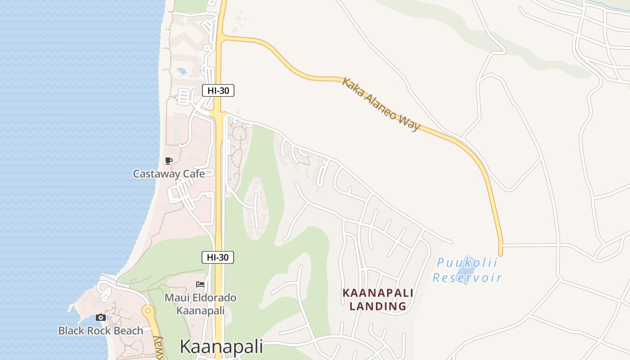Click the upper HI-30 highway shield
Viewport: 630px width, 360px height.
(x=218, y=90)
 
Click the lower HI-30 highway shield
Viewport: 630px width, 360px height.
(x=218, y=257)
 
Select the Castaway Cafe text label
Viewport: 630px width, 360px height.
(x=169, y=174)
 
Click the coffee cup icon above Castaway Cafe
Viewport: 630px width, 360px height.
(x=169, y=161)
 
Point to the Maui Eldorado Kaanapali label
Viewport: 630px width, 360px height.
(x=200, y=304)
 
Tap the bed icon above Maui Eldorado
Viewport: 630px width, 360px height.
(x=200, y=284)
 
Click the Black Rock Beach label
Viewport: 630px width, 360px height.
(x=101, y=331)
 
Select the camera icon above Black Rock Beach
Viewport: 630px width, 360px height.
(x=101, y=318)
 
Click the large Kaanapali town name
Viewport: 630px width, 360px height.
(x=221, y=347)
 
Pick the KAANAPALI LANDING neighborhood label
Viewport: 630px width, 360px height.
(x=378, y=299)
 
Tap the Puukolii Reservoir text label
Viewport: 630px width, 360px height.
(x=467, y=270)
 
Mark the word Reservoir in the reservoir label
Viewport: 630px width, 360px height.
(x=467, y=278)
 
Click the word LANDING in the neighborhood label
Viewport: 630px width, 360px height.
(x=378, y=306)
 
